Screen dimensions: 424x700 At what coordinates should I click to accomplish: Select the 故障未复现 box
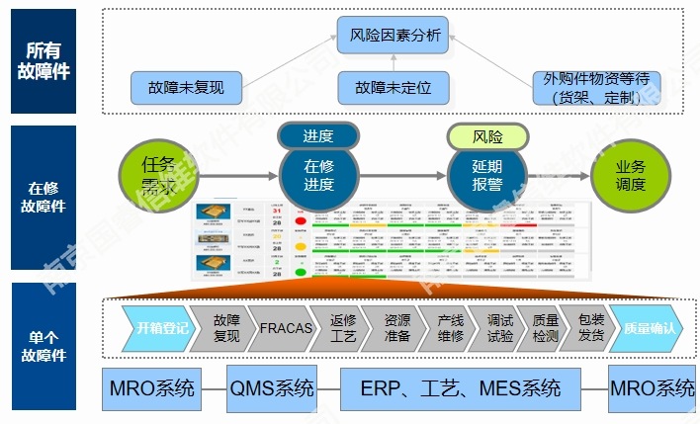click(x=184, y=87)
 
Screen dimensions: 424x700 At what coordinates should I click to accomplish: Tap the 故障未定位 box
click(x=394, y=87)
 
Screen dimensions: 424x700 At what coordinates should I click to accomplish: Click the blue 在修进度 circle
click(x=318, y=174)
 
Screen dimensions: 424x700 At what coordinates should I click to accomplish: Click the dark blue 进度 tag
click(x=318, y=136)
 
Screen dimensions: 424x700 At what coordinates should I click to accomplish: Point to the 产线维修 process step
click(x=450, y=328)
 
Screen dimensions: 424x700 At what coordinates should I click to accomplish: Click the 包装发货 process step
click(x=591, y=328)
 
